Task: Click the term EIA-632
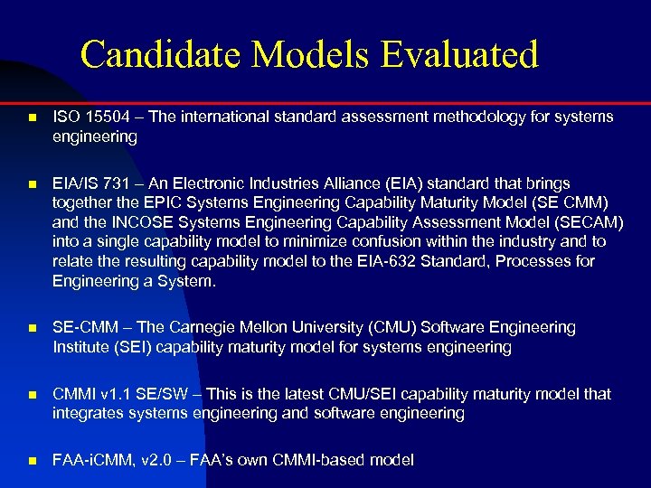pos(393,262)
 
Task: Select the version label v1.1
pos(115,394)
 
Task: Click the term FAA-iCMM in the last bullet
pos(90,460)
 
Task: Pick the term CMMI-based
pos(338,460)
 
